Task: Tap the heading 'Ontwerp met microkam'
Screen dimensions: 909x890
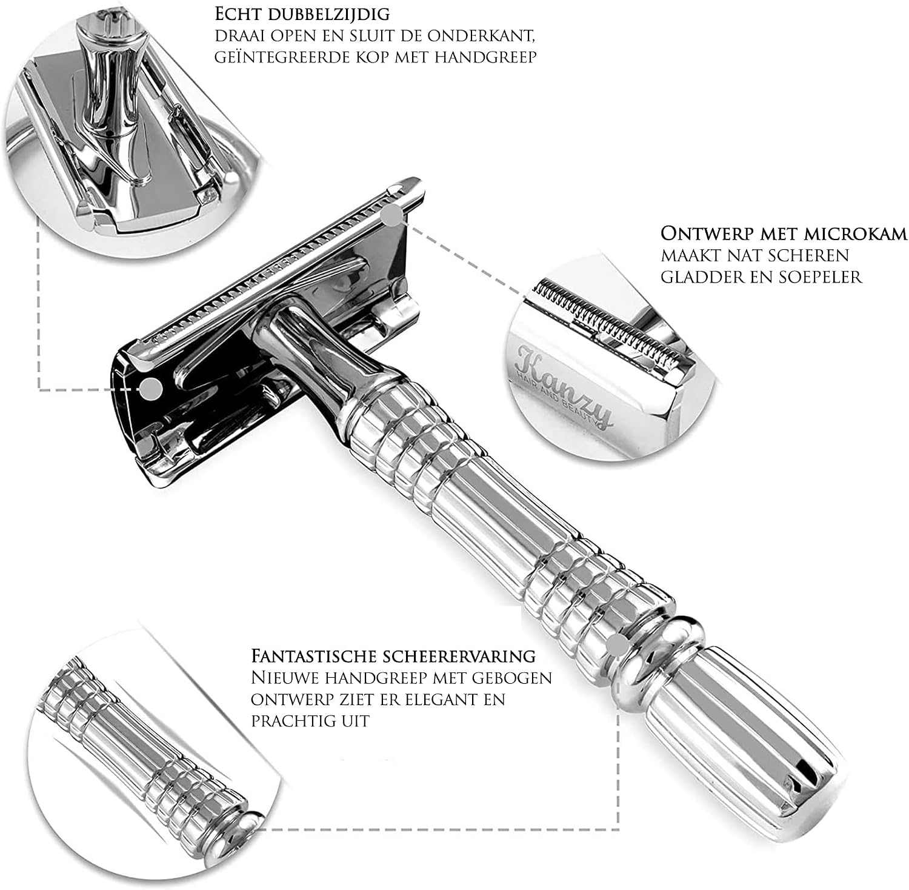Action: pyautogui.click(x=784, y=234)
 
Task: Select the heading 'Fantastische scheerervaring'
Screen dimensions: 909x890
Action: pyautogui.click(x=393, y=656)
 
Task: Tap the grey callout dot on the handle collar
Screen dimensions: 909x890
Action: pyautogui.click(x=616, y=645)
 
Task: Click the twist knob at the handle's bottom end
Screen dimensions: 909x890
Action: pyautogui.click(x=733, y=743)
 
